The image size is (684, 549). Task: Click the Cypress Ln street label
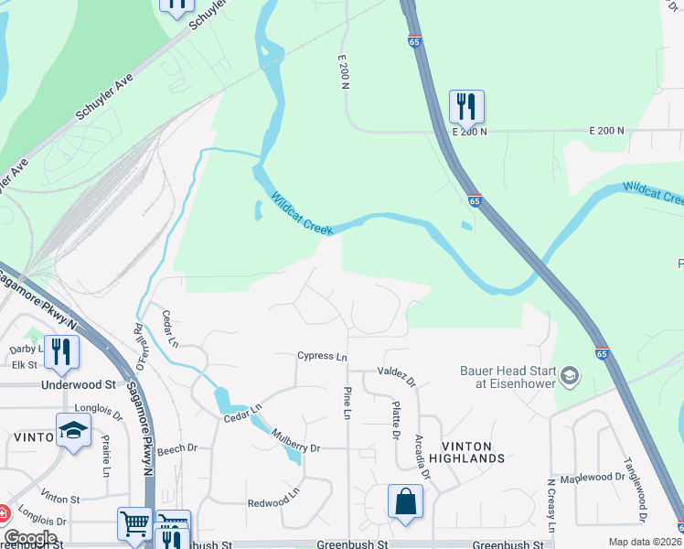click(322, 356)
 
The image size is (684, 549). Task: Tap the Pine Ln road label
click(347, 404)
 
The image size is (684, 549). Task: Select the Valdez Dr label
click(396, 376)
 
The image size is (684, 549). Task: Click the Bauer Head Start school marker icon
click(570, 375)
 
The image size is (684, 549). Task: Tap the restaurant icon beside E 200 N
click(466, 106)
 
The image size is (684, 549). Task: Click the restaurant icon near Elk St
click(61, 351)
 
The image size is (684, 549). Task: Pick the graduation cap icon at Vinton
click(73, 430)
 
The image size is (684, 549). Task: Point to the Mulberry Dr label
click(295, 448)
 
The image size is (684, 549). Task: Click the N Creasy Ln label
click(551, 505)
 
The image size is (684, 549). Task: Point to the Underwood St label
click(79, 385)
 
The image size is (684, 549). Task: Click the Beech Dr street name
click(176, 448)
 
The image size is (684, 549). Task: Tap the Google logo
click(30, 538)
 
